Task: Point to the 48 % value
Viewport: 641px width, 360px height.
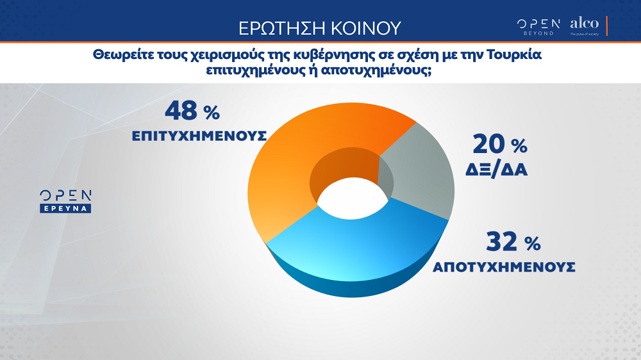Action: (192, 111)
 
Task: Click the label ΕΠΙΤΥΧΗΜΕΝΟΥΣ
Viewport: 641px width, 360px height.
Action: (199, 136)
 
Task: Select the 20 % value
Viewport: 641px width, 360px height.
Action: (499, 145)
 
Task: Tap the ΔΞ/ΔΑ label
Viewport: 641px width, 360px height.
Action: (496, 170)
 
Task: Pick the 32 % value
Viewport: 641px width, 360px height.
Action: (513, 242)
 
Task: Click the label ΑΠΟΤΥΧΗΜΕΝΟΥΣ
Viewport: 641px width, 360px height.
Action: (504, 267)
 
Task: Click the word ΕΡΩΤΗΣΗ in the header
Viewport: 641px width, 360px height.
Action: (282, 28)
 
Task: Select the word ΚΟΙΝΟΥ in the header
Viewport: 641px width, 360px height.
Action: (366, 28)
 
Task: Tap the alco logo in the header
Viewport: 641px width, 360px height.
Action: (585, 26)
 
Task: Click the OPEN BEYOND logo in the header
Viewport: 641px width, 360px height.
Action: (538, 27)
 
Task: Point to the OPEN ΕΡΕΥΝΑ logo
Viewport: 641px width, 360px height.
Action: (65, 201)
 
